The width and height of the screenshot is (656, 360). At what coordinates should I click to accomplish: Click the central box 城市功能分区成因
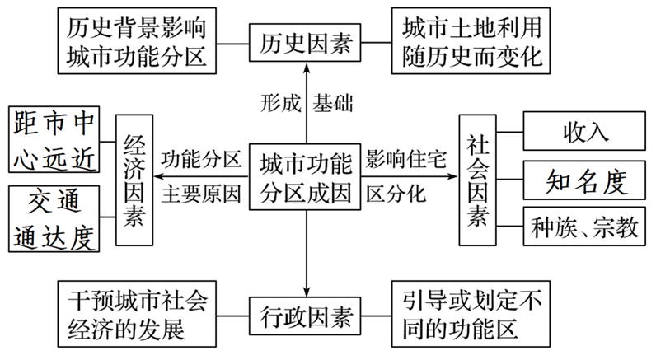[306, 176]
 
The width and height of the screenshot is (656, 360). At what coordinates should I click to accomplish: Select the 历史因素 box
[306, 41]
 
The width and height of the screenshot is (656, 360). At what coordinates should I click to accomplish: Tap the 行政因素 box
[306, 316]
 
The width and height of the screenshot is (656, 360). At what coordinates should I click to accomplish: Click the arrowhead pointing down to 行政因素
[306, 290]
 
